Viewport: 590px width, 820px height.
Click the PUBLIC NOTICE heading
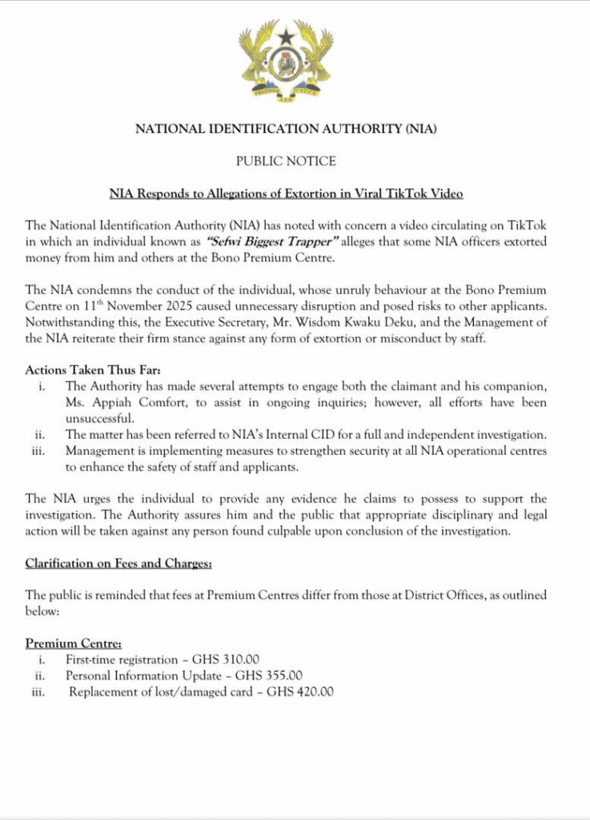286,161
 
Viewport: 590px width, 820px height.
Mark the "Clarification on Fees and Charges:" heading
118,564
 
